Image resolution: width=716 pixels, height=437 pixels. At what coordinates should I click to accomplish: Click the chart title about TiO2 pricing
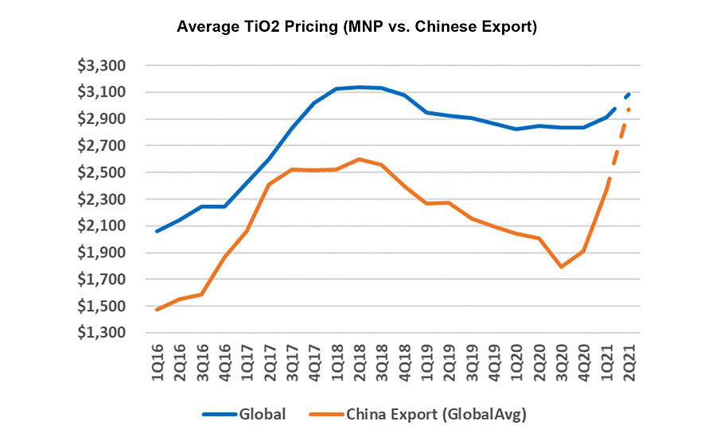pos(357,27)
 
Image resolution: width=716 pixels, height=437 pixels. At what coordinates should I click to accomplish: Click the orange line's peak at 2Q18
pos(360,159)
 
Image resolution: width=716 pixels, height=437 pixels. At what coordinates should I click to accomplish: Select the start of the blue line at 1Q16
pos(157,231)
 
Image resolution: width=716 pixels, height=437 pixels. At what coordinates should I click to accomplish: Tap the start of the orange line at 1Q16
pos(157,309)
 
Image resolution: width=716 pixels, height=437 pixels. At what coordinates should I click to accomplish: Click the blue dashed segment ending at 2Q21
pos(625,97)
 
